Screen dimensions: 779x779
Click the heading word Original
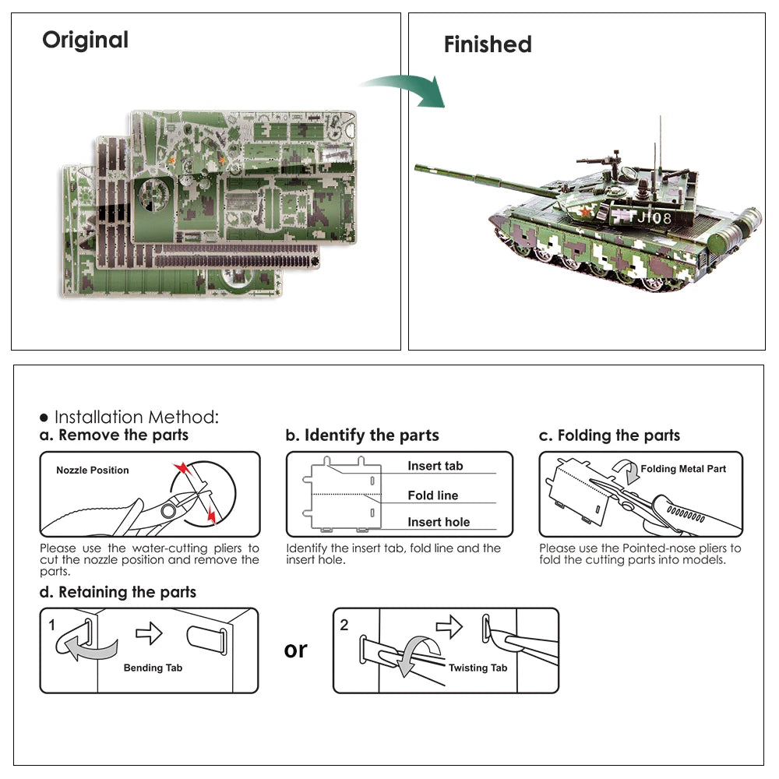click(85, 40)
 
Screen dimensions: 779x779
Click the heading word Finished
click(488, 44)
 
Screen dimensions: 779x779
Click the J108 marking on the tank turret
click(653, 218)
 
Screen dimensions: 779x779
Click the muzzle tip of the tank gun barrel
click(418, 167)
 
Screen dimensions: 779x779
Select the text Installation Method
click(136, 418)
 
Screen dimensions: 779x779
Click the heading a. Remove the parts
click(114, 435)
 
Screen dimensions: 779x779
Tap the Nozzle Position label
click(93, 471)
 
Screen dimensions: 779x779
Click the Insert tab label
click(435, 466)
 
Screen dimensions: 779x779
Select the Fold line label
click(432, 495)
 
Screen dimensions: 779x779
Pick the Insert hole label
click(439, 523)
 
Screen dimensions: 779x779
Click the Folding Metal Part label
click(683, 469)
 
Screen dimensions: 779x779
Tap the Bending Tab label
click(153, 668)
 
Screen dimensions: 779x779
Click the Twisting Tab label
click(478, 668)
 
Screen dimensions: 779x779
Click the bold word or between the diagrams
click(295, 649)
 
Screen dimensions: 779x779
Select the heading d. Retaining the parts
click(118, 592)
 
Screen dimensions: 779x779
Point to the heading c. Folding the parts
click(609, 435)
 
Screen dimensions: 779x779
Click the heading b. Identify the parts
click(362, 435)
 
